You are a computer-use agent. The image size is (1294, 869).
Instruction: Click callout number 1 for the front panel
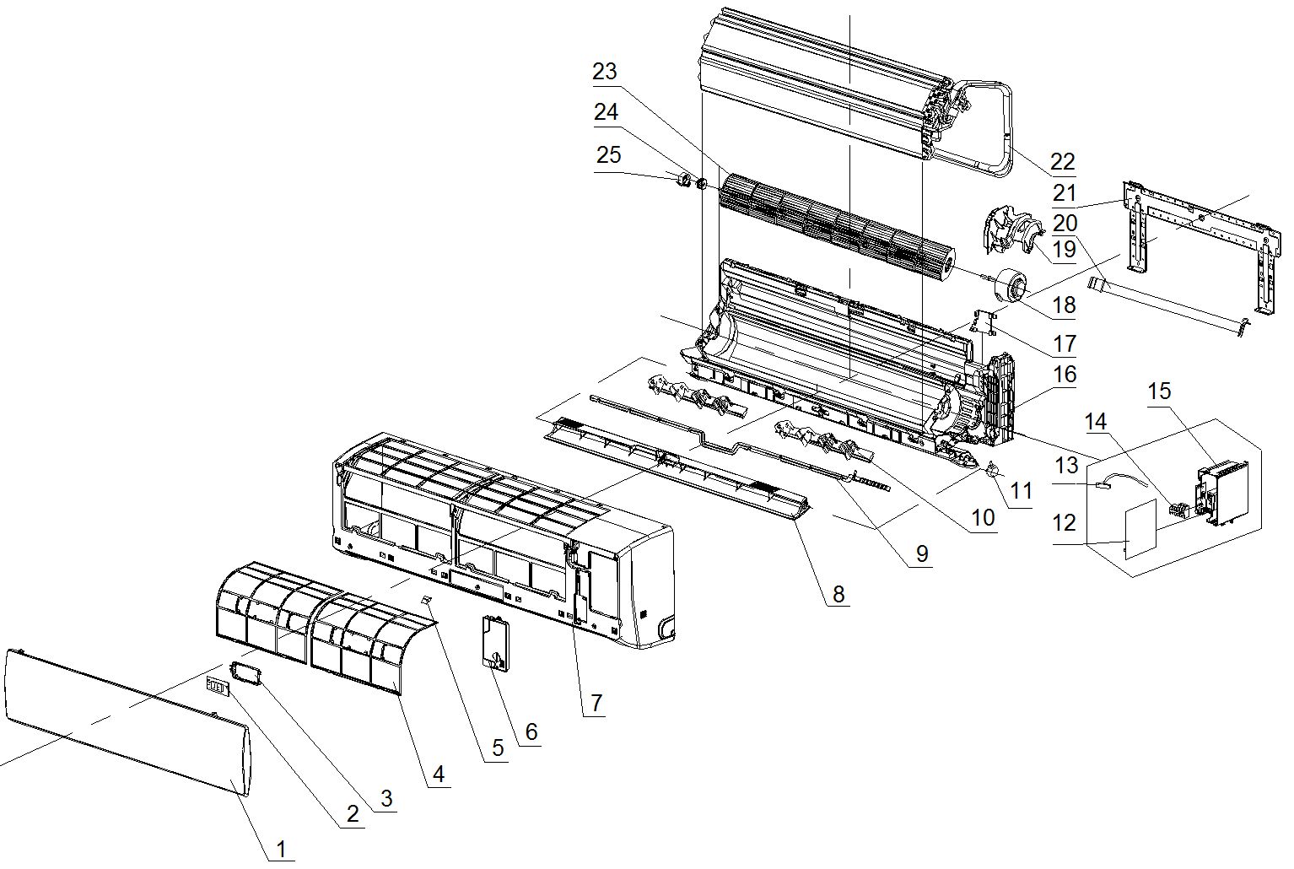pyautogui.click(x=281, y=848)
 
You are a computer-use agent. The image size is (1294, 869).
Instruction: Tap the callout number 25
pyautogui.click(x=608, y=154)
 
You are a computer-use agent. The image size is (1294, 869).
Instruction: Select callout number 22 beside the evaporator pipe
pyautogui.click(x=1063, y=160)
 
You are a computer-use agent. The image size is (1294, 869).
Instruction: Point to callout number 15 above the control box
pyautogui.click(x=1160, y=391)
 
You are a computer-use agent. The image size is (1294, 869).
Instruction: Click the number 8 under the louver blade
pyautogui.click(x=838, y=593)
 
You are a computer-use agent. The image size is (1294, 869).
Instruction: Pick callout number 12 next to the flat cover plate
pyautogui.click(x=1065, y=523)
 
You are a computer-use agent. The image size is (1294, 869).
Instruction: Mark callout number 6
pyautogui.click(x=531, y=731)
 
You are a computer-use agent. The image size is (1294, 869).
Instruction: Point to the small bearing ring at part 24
pyautogui.click(x=699, y=182)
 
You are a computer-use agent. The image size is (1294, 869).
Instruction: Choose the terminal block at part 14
pyautogui.click(x=1178, y=510)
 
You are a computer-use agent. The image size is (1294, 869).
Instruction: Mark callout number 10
pyautogui.click(x=983, y=517)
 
